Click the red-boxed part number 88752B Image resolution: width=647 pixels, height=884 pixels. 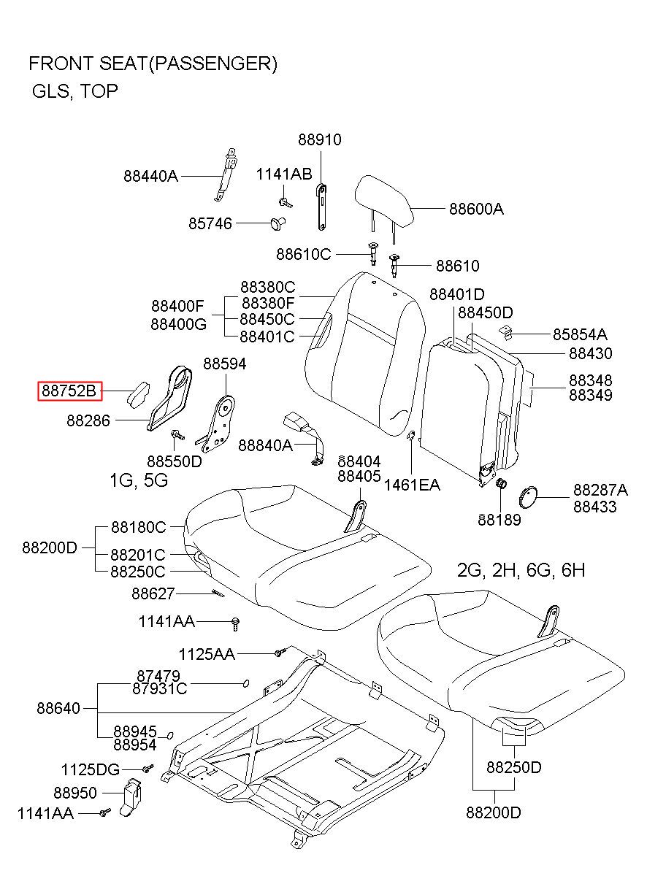69,392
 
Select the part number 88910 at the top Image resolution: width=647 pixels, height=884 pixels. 319,140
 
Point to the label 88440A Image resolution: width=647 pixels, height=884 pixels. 150,176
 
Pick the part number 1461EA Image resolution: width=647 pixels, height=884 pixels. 412,485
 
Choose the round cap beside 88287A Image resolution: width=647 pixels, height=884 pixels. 527,497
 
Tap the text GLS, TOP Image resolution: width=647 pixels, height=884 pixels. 74,92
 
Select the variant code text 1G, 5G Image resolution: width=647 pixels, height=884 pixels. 139,480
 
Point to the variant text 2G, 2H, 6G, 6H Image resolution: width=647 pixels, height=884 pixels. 521,570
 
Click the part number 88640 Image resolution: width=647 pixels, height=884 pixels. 59,708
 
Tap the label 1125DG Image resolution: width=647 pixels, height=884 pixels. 90,769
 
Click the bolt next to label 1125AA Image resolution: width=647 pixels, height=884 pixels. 278,652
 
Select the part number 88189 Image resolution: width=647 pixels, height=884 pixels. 499,519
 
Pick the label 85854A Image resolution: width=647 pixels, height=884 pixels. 579,334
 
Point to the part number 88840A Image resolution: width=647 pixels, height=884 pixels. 265,445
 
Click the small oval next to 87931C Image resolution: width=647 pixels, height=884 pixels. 247,683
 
